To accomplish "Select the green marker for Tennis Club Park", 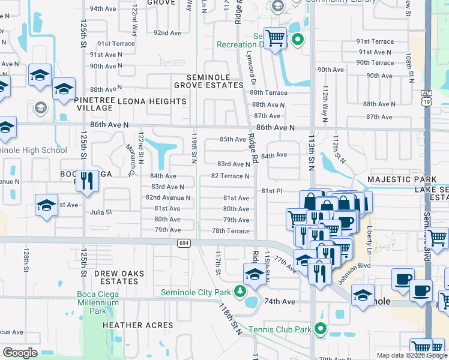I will tap(321, 328).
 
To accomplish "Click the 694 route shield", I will tap(184, 243).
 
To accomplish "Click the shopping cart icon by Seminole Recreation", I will tap(275, 38).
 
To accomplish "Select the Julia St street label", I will tap(101, 212).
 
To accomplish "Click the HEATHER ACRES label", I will tap(137, 325).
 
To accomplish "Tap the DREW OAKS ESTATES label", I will tap(119, 277).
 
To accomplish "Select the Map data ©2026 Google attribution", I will tap(411, 355).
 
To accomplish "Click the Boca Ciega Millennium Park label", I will tap(98, 302).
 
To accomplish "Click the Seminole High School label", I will tap(34, 150).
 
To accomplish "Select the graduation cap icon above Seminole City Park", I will tap(254, 275).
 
